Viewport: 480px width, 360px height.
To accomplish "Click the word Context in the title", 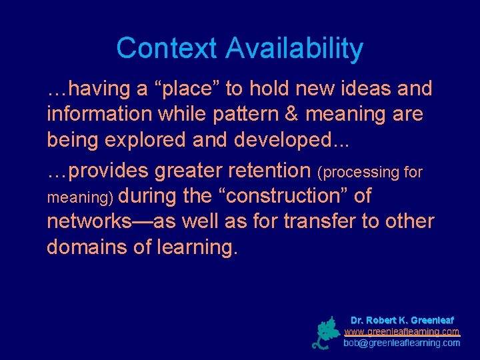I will point(167,49).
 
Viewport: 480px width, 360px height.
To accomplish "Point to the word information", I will point(99,114).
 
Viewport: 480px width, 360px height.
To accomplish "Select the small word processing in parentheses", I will point(361,172).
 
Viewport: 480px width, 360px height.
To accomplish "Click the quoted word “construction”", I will point(276,196).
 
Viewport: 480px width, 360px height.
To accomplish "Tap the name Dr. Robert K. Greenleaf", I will point(402,320).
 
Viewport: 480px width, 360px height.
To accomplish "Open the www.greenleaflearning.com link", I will point(402,331).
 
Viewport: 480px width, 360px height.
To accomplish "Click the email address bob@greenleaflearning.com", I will point(402,343).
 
